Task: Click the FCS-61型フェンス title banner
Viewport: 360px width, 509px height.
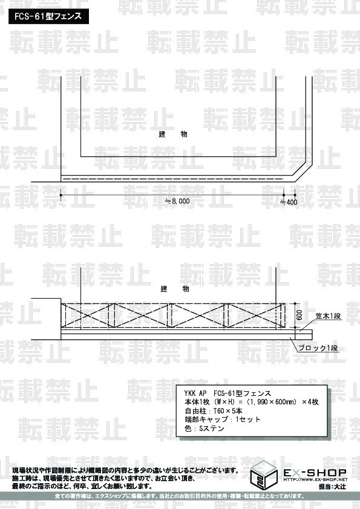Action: coord(48,16)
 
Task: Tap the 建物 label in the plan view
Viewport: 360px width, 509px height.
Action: coord(173,134)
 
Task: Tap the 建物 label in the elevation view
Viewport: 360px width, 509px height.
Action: coord(174,288)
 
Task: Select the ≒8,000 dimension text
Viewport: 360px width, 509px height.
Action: coord(177,201)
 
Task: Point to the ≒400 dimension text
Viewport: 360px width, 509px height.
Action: coord(289,203)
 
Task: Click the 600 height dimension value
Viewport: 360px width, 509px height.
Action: coord(299,315)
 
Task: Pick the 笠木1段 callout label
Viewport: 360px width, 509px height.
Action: coord(328,316)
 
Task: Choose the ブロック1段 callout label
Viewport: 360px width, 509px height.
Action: coord(318,348)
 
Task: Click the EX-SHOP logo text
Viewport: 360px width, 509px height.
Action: coord(315,473)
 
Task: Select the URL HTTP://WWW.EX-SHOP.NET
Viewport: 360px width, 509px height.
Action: coord(315,479)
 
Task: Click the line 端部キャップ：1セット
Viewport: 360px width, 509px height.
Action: coord(223,420)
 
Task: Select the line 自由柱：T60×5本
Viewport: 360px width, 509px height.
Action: coord(213,410)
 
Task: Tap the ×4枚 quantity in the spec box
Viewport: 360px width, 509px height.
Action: coord(310,402)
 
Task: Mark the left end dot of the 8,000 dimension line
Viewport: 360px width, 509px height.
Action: coord(61,195)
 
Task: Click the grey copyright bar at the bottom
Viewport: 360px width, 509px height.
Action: coord(180,496)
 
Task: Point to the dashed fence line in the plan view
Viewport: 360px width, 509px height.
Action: coord(172,179)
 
